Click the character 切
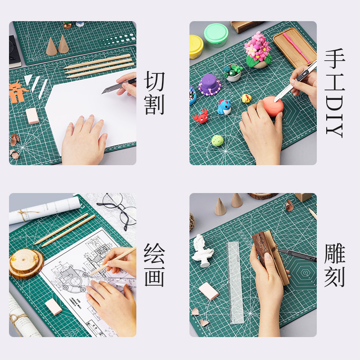point(154,81)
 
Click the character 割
point(154,104)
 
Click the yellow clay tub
point(196,46)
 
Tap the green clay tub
point(216,34)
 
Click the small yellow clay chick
point(246,98)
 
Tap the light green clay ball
point(217,140)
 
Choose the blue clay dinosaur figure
point(224,107)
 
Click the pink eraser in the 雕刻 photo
point(209,291)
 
